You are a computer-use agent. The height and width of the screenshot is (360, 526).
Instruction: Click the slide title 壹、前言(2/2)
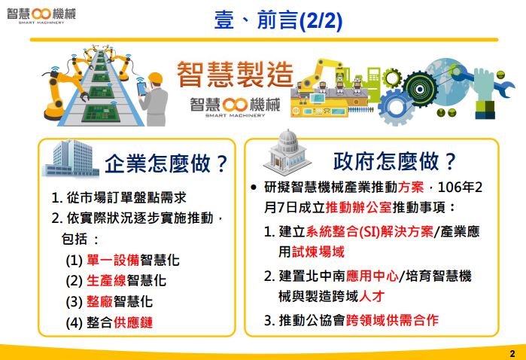[x=278, y=20]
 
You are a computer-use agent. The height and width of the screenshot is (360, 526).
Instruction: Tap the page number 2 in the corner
[x=512, y=353]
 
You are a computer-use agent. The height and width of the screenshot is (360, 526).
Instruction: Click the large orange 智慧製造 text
[x=235, y=75]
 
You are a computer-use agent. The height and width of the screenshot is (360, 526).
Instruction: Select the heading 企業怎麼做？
[x=166, y=163]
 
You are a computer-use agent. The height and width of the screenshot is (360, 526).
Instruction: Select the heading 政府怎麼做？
[x=394, y=161]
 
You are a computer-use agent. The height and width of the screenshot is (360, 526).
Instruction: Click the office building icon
[x=71, y=158]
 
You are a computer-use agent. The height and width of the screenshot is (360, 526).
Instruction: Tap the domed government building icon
[x=287, y=152]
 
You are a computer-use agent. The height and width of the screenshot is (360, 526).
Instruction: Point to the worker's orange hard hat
[x=155, y=78]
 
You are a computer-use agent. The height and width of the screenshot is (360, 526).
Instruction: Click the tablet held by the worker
[x=141, y=89]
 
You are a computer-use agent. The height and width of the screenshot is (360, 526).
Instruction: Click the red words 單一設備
[x=113, y=261]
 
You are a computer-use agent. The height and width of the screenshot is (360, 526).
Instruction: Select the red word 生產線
[x=106, y=281]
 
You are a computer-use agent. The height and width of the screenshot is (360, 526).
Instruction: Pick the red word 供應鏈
[x=133, y=322]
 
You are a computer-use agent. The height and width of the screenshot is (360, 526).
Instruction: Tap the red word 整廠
[x=99, y=301]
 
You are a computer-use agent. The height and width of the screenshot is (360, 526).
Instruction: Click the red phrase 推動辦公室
[x=359, y=208]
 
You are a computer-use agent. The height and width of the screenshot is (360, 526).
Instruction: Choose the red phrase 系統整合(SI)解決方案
[x=369, y=232]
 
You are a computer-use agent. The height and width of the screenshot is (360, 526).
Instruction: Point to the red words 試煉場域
[x=318, y=252]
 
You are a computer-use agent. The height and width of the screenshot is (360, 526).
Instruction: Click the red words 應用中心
[x=372, y=276]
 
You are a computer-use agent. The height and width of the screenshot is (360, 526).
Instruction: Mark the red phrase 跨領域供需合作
[x=392, y=320]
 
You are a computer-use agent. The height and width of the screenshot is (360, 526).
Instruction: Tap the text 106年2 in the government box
[x=460, y=187]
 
